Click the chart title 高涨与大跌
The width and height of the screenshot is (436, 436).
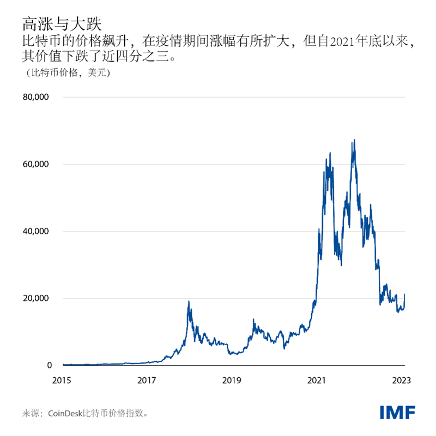click(x=61, y=23)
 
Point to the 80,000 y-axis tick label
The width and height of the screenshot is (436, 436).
click(x=35, y=98)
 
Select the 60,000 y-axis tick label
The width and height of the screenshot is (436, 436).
click(x=35, y=165)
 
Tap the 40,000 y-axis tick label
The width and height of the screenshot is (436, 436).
click(x=35, y=232)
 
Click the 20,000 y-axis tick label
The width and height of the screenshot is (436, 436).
click(x=35, y=299)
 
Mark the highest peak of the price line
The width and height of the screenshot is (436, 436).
click(x=355, y=140)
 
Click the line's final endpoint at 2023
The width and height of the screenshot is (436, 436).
click(x=404, y=295)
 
